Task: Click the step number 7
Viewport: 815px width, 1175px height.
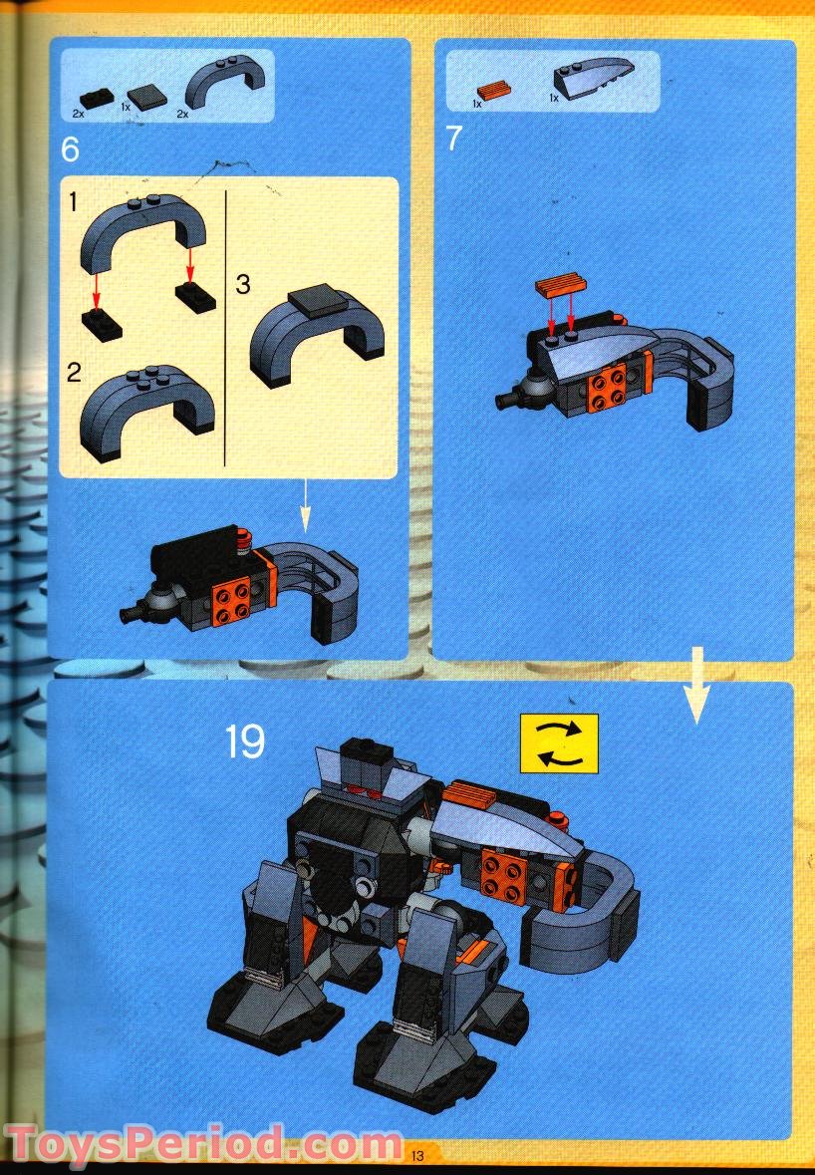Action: (x=454, y=138)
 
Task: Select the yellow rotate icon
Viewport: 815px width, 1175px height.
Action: (x=559, y=742)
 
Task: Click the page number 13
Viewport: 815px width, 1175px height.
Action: (x=416, y=1156)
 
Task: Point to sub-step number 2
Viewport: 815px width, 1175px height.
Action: (x=74, y=373)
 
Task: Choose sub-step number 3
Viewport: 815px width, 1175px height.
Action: (x=242, y=284)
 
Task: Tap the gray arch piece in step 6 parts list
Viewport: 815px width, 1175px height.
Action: (x=227, y=83)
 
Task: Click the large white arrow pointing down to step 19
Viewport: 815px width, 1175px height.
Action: (x=695, y=687)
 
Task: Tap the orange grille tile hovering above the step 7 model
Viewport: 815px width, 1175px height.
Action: (x=558, y=288)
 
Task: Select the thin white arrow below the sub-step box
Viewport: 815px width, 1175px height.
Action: (x=306, y=509)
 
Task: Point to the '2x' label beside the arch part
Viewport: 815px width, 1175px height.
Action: (x=182, y=114)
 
